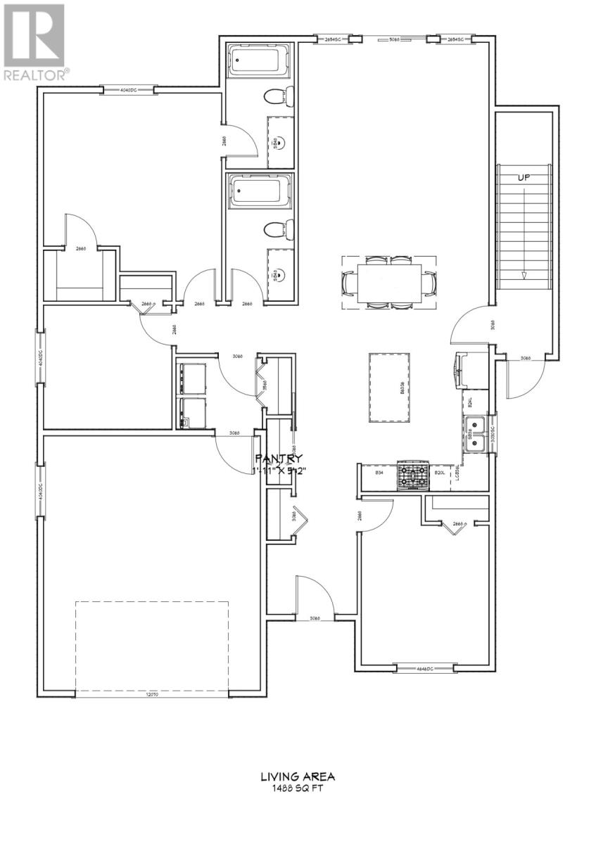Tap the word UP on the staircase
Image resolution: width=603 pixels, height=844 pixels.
coord(523,178)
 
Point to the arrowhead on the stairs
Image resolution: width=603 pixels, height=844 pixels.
coord(523,275)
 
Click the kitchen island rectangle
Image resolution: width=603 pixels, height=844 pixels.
coord(391,387)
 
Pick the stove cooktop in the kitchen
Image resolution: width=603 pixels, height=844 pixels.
coord(413,476)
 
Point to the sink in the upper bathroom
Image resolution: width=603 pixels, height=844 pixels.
coord(280,143)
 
